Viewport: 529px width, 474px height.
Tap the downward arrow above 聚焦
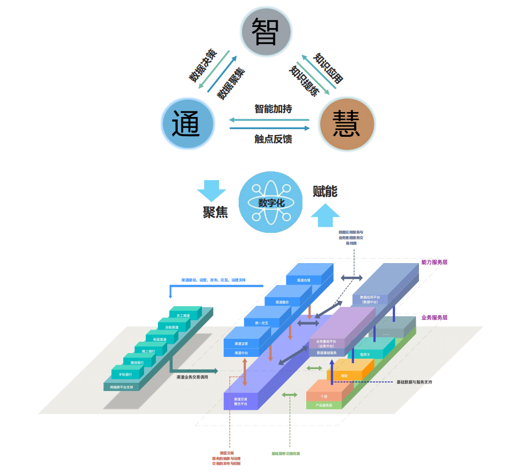(x=212, y=191)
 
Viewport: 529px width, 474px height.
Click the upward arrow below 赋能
(x=325, y=215)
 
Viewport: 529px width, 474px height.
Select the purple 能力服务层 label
(x=434, y=263)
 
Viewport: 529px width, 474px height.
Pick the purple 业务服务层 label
(x=434, y=317)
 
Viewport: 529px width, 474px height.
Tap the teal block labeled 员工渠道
(x=183, y=315)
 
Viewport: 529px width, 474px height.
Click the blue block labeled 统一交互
(x=262, y=323)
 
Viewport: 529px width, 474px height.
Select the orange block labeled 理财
(x=344, y=376)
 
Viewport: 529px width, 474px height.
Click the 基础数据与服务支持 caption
(x=414, y=382)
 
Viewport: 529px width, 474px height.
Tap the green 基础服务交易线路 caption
(x=285, y=454)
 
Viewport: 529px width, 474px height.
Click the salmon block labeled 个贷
(x=324, y=396)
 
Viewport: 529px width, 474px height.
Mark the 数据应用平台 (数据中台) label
(x=370, y=300)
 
